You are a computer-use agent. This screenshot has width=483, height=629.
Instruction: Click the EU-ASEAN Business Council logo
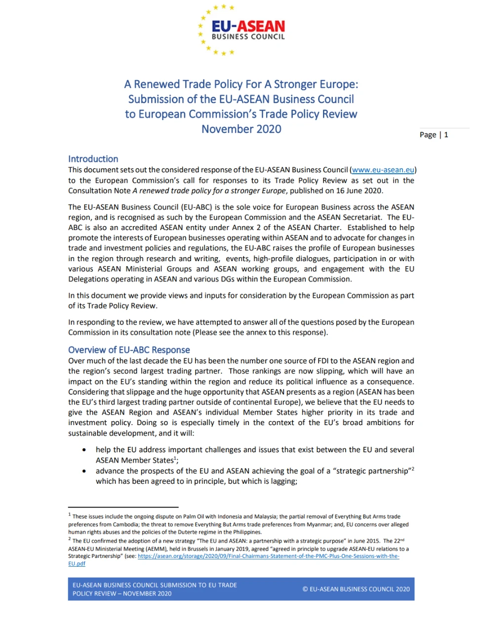[x=241, y=30]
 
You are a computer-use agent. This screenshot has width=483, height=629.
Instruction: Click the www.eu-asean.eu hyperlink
[x=383, y=170]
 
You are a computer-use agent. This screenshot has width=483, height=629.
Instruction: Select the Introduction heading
[x=93, y=159]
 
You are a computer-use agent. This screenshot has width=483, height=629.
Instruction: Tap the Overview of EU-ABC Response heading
[x=129, y=350]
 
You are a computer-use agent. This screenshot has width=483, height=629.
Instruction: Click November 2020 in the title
[x=241, y=129]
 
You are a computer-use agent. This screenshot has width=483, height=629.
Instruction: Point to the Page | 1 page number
[x=434, y=135]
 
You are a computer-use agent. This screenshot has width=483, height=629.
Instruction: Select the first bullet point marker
[x=84, y=450]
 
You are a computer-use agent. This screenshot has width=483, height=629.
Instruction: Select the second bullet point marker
[x=84, y=471]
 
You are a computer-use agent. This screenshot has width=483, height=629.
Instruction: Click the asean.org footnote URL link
[x=268, y=556]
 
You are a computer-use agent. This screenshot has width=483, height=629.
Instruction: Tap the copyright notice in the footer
[x=356, y=589]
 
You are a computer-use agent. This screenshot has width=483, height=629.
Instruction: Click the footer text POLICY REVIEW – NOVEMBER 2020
[x=122, y=593]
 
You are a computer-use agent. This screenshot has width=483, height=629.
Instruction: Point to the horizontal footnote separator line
[x=123, y=507]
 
